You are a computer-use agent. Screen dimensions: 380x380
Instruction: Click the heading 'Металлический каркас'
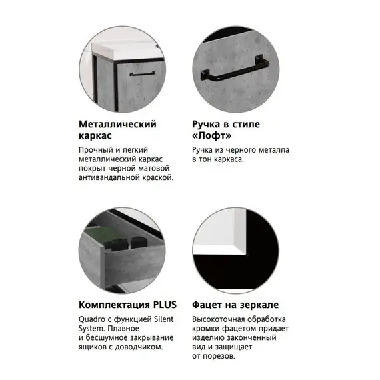(117, 129)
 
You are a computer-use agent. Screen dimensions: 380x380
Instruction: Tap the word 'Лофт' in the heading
(211, 135)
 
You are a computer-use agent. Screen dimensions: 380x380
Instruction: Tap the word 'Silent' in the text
(162, 319)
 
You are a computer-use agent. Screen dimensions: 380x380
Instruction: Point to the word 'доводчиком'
(139, 347)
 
